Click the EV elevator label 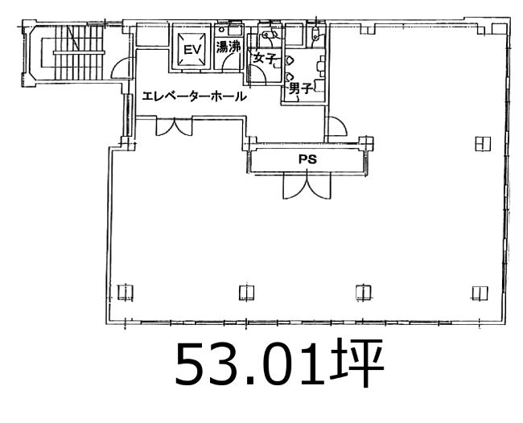click(x=193, y=50)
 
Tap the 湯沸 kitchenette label click(x=229, y=47)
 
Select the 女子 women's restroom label click(x=264, y=59)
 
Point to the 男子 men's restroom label click(x=301, y=88)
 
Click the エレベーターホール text click(x=195, y=97)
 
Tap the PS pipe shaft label click(x=307, y=159)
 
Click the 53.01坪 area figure click(x=279, y=363)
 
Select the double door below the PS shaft click(x=307, y=186)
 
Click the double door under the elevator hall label click(x=175, y=126)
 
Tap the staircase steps click(x=79, y=52)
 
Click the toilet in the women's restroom click(x=271, y=34)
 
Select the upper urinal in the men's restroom click(x=289, y=60)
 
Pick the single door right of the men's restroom click(x=337, y=126)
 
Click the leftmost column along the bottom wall click(x=126, y=293)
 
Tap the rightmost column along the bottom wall click(x=480, y=293)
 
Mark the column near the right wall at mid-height click(x=483, y=144)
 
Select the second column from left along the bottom click(x=247, y=293)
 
